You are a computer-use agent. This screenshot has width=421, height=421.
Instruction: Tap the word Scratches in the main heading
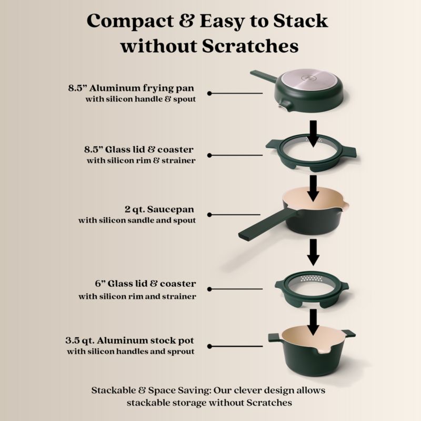tap(250, 46)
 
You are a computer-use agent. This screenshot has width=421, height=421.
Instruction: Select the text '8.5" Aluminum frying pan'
tap(131, 88)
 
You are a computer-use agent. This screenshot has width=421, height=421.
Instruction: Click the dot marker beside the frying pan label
tap(209, 94)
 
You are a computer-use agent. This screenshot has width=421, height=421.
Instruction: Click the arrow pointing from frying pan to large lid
tap(313, 134)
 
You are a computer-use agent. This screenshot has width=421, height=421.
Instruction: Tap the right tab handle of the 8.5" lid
tap(348, 152)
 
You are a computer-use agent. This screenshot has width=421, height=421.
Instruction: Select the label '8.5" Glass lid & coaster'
tap(139, 149)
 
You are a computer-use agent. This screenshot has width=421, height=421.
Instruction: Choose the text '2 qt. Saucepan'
tap(159, 209)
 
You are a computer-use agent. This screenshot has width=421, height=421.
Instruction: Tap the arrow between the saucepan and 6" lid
tap(313, 253)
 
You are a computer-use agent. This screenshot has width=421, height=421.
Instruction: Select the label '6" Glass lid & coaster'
tap(145, 284)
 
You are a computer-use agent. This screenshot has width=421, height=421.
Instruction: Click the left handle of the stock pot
tap(274, 337)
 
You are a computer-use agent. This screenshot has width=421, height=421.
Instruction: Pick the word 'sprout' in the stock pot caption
tap(181, 352)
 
